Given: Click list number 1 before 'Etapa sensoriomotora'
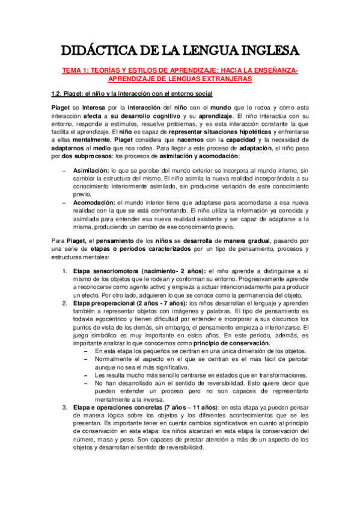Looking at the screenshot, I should (x=66, y=272).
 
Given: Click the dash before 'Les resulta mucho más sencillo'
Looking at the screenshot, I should (x=88, y=373).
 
